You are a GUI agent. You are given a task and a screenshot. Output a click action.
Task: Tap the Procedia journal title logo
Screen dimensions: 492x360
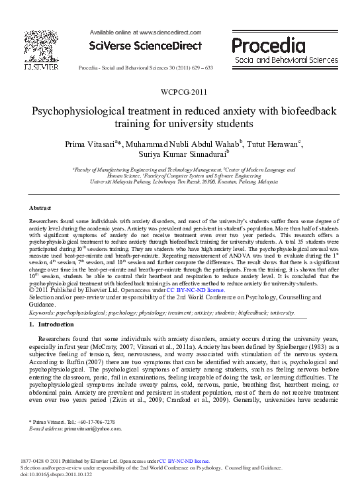pos(273,45)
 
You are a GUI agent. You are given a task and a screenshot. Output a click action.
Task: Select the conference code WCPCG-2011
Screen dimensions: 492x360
pos(179,92)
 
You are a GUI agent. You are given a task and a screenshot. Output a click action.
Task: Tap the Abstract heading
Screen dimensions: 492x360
pos(41,208)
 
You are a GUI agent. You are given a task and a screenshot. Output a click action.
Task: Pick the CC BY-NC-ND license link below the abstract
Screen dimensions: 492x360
pos(195,290)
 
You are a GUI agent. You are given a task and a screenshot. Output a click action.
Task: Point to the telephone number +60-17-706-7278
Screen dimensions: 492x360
pos(93,422)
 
